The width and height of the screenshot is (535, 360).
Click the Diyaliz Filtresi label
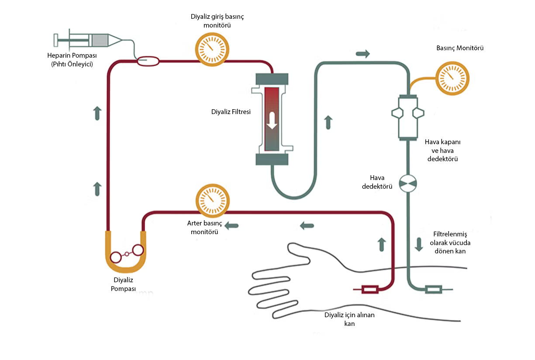pos(231,111)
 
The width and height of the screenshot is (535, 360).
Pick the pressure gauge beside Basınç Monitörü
pos(452,78)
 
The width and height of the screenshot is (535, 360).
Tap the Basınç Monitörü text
pos(460,48)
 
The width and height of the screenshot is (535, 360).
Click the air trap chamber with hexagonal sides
pos(407,116)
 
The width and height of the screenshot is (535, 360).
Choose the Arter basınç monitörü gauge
pos(212,201)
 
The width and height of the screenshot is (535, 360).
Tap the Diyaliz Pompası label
pos(123,284)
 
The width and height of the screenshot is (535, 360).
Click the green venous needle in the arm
pos(433,289)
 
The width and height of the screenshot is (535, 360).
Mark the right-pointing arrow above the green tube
pos(362,54)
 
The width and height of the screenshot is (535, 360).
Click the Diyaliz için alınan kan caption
pos(349,319)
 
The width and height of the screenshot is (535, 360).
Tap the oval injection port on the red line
pos(148,62)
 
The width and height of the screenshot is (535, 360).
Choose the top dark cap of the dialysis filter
pos(272,79)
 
